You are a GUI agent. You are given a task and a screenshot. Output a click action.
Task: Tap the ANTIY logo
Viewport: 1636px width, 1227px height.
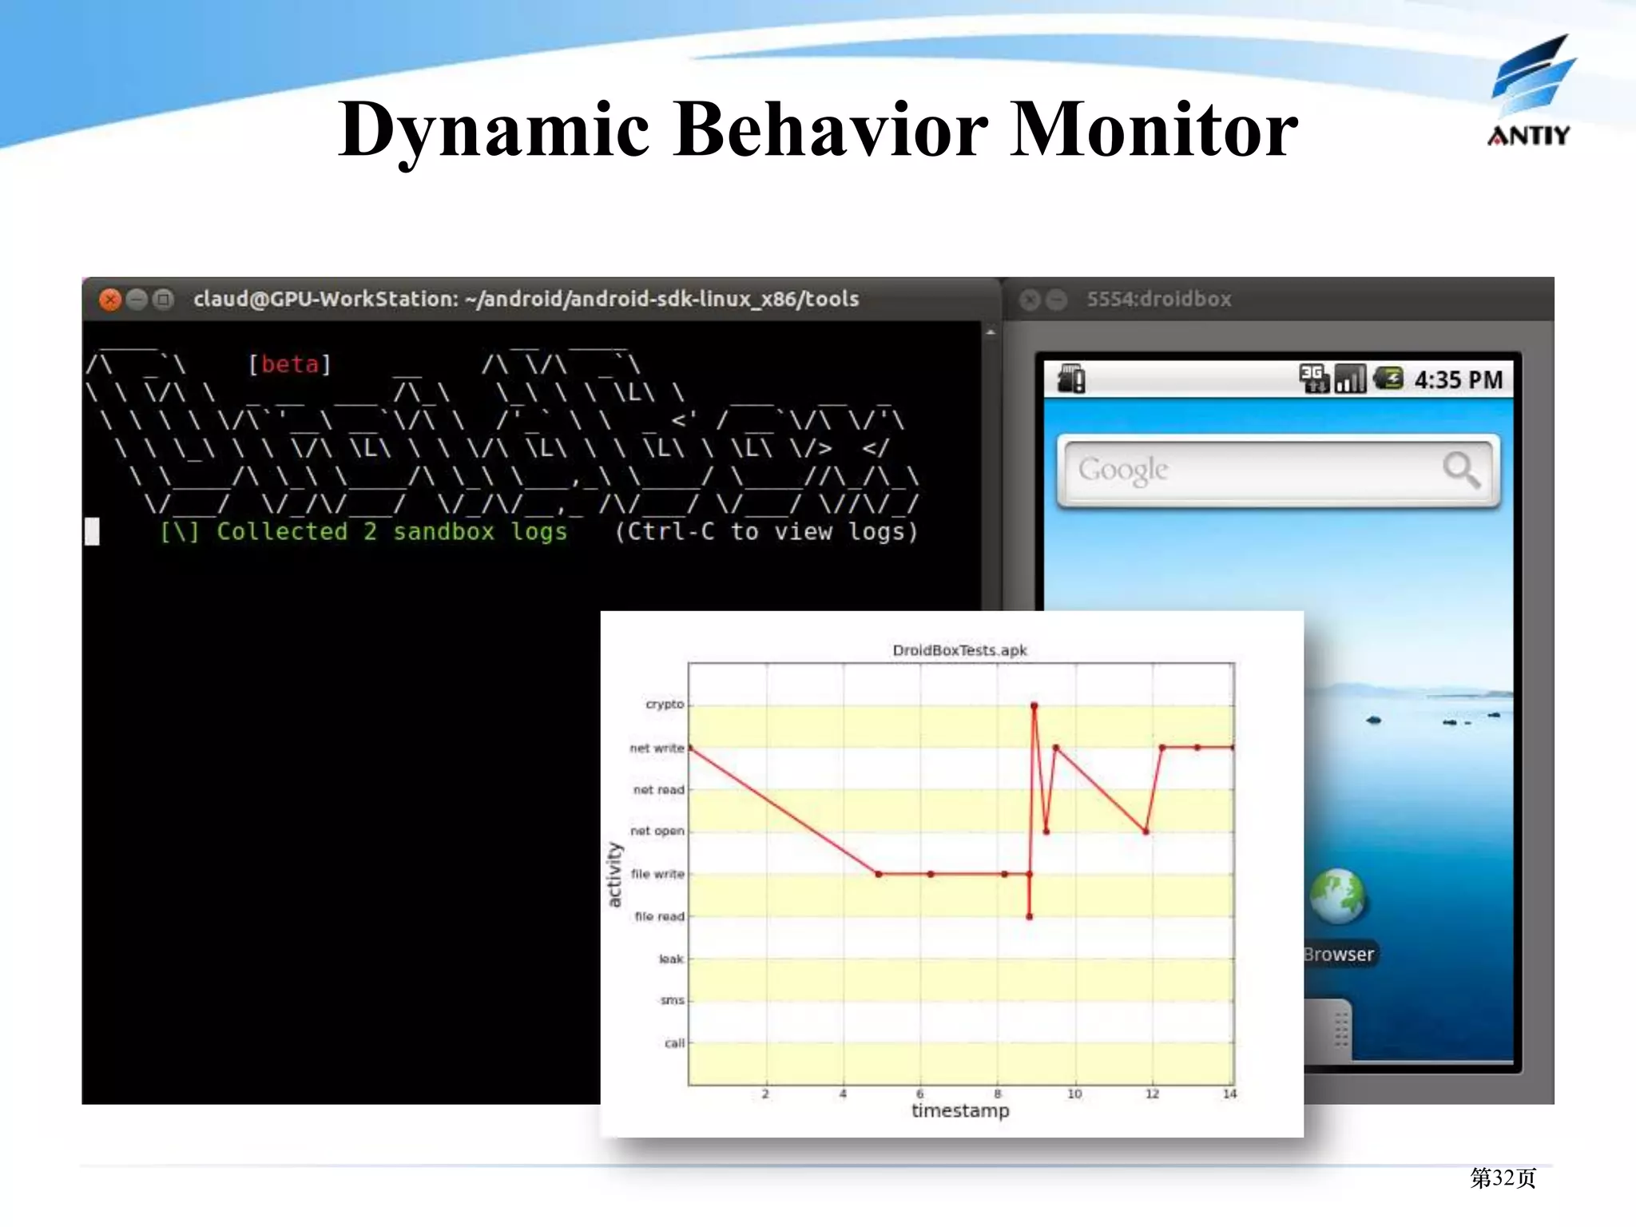(x=1530, y=92)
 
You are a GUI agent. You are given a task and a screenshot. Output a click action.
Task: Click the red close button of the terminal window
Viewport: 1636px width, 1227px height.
(x=110, y=300)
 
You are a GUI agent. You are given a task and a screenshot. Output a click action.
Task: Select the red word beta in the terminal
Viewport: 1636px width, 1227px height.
(x=290, y=364)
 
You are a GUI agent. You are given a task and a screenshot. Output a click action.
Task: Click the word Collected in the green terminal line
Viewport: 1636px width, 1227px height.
(x=282, y=531)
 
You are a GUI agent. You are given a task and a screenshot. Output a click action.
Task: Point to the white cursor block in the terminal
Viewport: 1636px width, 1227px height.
(x=93, y=531)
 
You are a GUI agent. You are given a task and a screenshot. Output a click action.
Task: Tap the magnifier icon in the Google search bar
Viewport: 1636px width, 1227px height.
(x=1461, y=469)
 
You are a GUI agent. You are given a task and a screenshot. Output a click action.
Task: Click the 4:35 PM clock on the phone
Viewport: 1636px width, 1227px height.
(x=1458, y=379)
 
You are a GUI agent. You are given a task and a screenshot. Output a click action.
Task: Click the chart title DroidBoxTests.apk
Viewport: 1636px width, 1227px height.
(x=959, y=650)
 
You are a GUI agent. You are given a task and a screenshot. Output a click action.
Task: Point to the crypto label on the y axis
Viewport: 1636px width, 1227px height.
(x=665, y=704)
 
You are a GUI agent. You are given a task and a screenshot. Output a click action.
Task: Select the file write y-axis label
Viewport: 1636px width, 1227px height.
(x=657, y=874)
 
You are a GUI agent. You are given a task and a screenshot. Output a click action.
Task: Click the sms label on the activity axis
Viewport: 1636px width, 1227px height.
(x=672, y=1000)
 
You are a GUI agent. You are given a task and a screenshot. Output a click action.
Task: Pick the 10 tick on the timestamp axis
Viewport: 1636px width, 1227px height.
(x=1074, y=1094)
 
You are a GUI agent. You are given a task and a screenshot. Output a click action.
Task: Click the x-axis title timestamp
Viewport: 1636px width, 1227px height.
(x=960, y=1110)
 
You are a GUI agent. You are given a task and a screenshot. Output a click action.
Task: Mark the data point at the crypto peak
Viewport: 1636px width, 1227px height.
(x=1034, y=705)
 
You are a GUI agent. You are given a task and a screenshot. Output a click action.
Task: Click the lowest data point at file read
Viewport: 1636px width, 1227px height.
(x=1029, y=916)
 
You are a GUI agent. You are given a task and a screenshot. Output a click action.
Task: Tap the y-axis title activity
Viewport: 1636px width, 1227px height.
(x=613, y=874)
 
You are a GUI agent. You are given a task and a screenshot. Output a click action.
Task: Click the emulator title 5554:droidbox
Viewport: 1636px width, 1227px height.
(x=1158, y=300)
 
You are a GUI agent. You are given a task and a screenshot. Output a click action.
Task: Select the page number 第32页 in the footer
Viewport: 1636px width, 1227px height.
(x=1503, y=1177)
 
